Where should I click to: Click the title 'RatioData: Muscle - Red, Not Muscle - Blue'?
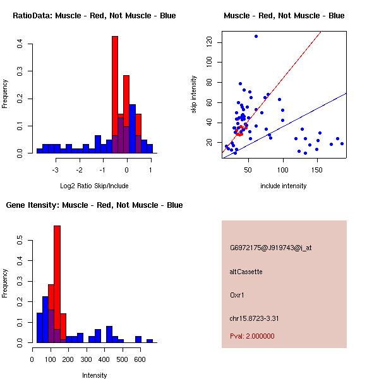[94, 15]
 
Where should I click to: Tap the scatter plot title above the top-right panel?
[284, 15]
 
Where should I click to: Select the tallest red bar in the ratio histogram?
[115, 88]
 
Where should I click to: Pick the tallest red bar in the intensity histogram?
[57, 278]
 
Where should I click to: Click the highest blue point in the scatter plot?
[256, 36]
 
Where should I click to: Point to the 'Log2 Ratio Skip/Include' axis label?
[94, 186]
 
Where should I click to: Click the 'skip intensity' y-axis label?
[194, 95]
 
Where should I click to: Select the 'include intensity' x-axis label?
[284, 186]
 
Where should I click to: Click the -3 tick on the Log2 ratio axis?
[56, 170]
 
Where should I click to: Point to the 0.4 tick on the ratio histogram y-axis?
[20, 44]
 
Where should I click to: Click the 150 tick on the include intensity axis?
[317, 170]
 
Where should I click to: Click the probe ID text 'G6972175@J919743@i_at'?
[271, 248]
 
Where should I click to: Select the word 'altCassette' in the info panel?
[246, 272]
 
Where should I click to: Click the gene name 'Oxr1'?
[238, 294]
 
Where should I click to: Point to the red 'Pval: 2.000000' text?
[252, 336]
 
